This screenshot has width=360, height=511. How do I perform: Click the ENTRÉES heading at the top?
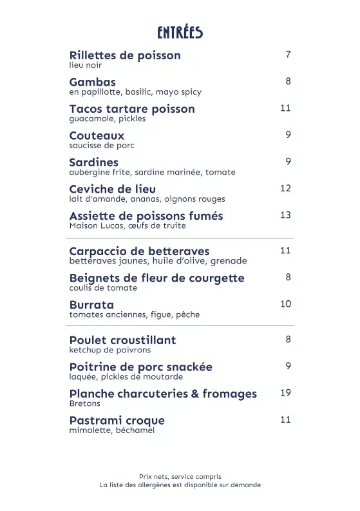[x=180, y=32]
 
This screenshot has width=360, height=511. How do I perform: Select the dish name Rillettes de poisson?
[x=125, y=55]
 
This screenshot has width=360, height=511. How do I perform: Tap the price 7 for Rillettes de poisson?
[x=289, y=54]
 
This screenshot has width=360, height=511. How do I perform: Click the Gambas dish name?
[x=92, y=82]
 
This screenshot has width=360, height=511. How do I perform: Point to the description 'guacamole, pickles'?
[x=107, y=119]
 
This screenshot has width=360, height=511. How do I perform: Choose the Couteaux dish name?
[x=97, y=136]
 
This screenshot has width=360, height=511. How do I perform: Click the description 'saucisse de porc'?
[x=101, y=146]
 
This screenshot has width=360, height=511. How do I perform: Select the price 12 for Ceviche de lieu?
[x=285, y=188]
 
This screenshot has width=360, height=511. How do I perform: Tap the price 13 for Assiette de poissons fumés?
[x=285, y=215]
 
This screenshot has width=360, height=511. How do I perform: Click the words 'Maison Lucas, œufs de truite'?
[x=127, y=226]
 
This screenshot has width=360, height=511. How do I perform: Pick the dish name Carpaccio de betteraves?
[x=139, y=251]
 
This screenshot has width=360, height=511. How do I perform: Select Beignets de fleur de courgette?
[x=156, y=278]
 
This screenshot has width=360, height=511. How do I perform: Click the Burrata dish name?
[x=91, y=305]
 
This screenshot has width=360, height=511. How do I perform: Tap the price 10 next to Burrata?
[x=285, y=304]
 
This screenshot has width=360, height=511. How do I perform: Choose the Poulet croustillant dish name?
[x=122, y=340]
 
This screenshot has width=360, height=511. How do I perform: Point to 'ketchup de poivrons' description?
[x=109, y=350]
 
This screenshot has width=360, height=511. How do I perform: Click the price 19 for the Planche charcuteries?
[x=285, y=392]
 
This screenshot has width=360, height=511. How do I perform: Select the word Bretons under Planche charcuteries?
[x=84, y=403]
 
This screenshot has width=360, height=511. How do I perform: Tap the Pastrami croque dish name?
[x=117, y=421]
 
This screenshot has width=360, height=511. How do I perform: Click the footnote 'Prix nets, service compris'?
[x=180, y=476]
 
